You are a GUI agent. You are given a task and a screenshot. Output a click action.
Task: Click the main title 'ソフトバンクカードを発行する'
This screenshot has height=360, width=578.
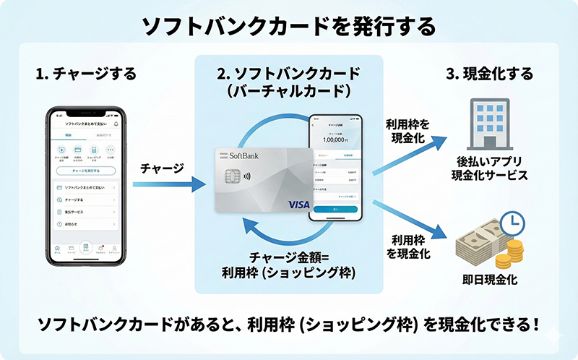point(288,27)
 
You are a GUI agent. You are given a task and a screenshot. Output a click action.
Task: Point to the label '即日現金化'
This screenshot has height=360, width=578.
point(488,280)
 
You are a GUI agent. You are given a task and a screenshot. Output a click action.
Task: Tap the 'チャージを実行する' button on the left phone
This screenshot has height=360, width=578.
point(85,171)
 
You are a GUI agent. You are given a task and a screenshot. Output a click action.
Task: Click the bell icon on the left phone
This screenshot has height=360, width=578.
point(116,124)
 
